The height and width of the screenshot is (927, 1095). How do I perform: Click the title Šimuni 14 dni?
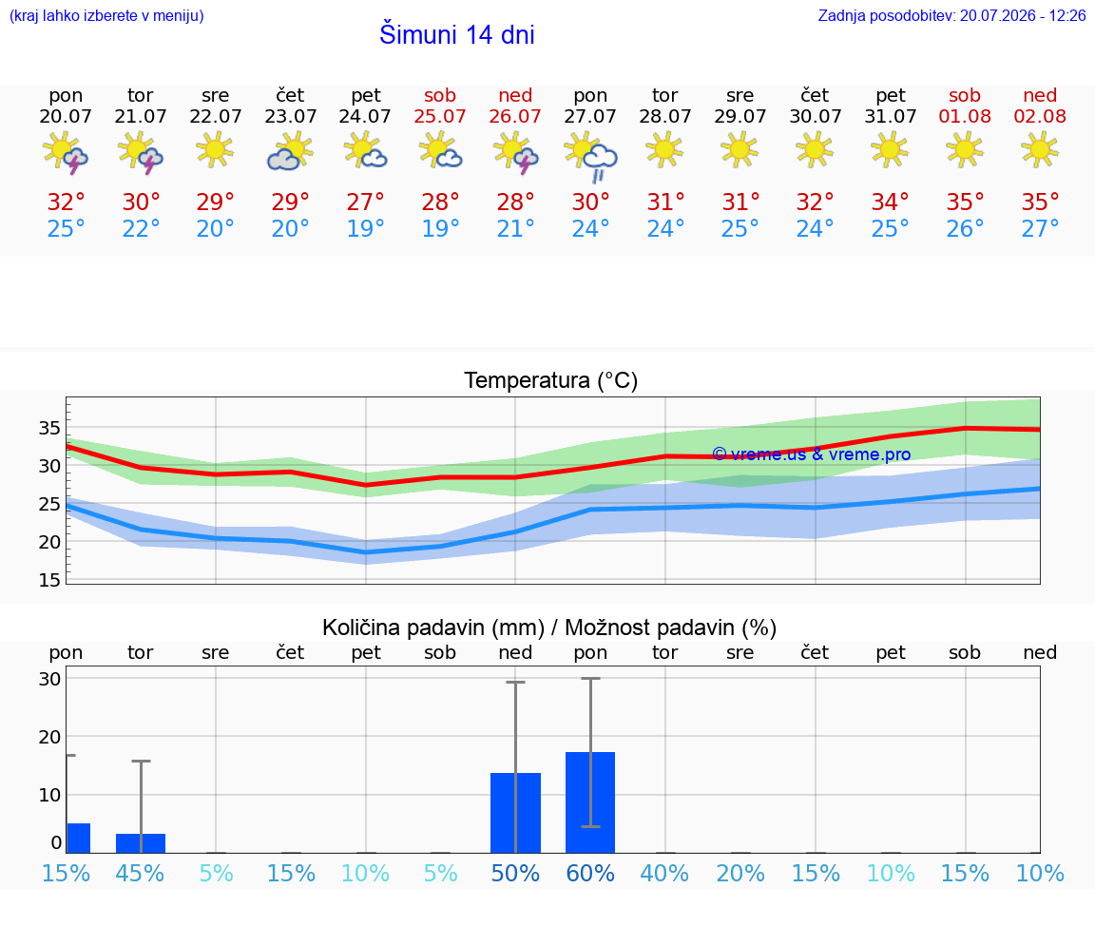point(456,34)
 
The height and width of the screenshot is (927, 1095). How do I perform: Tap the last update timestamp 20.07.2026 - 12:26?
point(1023,15)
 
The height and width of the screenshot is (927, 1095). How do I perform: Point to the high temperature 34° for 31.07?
point(890,202)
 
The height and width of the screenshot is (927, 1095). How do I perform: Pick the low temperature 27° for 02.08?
point(1040,228)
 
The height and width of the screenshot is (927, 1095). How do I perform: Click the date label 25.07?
point(440,116)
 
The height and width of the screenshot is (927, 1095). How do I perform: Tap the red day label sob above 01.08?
point(965,95)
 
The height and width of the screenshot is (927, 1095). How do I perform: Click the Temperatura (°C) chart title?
point(551,380)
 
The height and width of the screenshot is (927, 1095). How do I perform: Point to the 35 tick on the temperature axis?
point(49,428)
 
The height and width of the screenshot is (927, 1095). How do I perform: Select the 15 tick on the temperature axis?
point(49,580)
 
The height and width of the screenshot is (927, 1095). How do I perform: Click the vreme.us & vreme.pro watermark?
point(812,454)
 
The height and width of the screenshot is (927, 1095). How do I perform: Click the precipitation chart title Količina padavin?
point(433,628)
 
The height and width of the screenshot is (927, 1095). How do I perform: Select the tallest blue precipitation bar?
point(590,802)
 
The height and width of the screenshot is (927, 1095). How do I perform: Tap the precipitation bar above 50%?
point(515,813)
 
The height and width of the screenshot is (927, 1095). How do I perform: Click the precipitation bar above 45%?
point(141,843)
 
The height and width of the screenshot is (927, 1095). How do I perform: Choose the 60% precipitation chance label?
point(590,873)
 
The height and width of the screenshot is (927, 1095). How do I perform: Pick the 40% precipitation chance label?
point(664,873)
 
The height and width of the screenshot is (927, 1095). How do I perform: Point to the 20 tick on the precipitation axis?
point(49,736)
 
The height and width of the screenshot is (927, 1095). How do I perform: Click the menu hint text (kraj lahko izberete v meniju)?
point(106,15)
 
